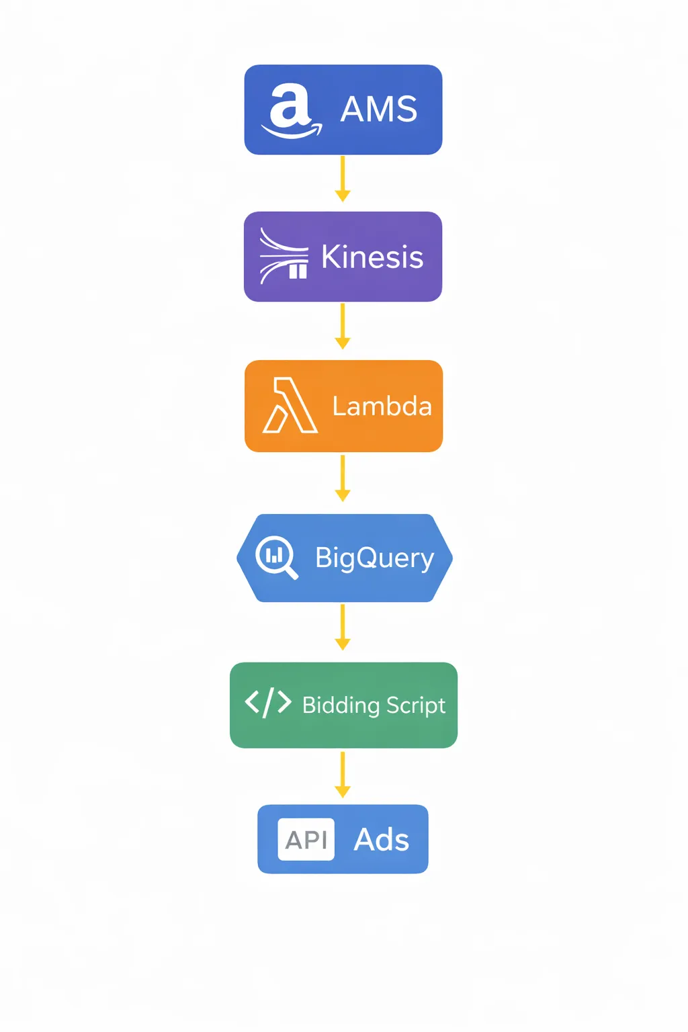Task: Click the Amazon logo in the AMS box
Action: [291, 111]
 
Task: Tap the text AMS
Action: [379, 110]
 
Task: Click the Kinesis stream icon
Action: [284, 257]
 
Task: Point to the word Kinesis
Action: [372, 257]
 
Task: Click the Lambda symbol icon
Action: [290, 406]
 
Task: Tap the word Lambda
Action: [382, 406]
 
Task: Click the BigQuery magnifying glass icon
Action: [276, 557]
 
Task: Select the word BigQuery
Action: [374, 558]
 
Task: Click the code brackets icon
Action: [268, 703]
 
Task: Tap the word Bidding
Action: [341, 705]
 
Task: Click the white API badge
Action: [306, 839]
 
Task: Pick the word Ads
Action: [382, 840]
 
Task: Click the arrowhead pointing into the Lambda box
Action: [343, 343]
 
